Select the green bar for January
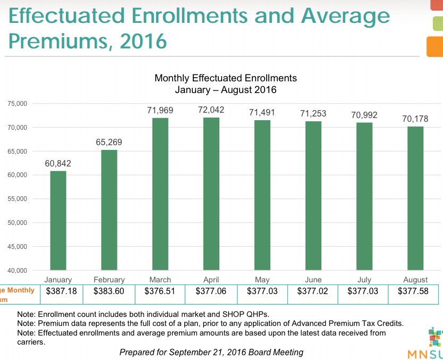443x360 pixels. click(58, 220)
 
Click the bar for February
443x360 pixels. click(109, 210)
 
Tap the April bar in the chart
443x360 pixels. click(211, 194)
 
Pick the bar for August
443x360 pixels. click(415, 198)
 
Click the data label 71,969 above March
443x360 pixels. click(160, 111)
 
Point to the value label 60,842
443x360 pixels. click(58, 164)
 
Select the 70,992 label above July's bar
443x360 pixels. click(364, 115)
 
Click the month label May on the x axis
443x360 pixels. click(262, 280)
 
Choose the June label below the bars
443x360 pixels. click(313, 280)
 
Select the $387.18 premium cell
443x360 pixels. click(62, 291)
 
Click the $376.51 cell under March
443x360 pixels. click(160, 291)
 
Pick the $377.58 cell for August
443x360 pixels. click(413, 291)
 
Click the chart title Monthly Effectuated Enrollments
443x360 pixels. click(225, 78)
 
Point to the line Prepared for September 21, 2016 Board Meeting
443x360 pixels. click(211, 352)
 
